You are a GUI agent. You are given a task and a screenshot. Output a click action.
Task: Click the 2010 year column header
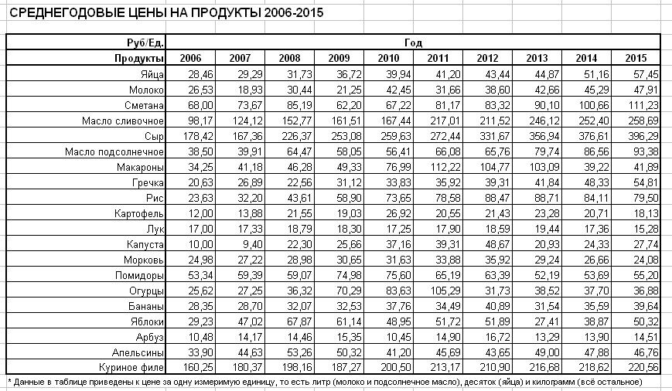388,59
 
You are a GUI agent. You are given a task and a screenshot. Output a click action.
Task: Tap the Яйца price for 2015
640,74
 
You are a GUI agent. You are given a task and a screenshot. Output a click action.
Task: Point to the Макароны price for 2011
437,167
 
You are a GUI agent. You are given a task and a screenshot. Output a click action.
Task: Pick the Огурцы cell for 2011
437,291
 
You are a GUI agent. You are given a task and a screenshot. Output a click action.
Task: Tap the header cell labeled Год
413,43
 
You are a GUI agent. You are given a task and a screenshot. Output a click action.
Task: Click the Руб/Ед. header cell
144,43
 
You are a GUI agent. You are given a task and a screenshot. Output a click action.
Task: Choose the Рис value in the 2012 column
486,198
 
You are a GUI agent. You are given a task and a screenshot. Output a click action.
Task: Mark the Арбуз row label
147,337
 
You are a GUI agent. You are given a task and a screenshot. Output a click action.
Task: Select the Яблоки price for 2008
289,321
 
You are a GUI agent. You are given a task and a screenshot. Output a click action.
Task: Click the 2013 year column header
537,59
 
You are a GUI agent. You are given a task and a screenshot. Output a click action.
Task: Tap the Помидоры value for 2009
339,275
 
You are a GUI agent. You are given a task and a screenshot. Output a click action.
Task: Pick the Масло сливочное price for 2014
589,121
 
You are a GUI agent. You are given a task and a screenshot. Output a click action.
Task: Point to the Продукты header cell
139,59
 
